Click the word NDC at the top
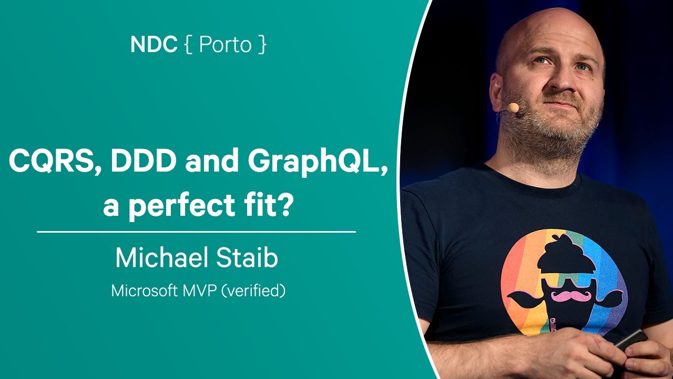pyautogui.click(x=154, y=45)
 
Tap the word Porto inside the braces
pyautogui.click(x=225, y=45)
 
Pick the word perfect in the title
pyautogui.click(x=182, y=205)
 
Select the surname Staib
pyautogui.click(x=247, y=258)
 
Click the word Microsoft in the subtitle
pyautogui.click(x=144, y=291)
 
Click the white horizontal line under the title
pyautogui.click(x=196, y=232)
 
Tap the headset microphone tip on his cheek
pyautogui.click(x=513, y=108)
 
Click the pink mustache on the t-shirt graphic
pyautogui.click(x=571, y=296)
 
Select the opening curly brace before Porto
pyautogui.click(x=189, y=45)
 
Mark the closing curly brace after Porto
pyautogui.click(x=262, y=45)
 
